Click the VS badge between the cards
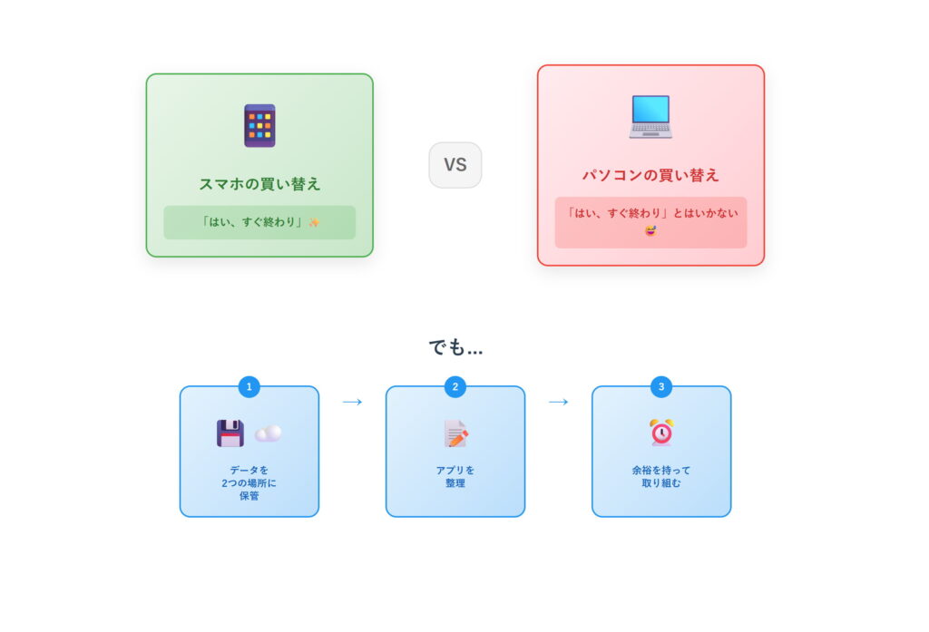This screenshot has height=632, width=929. tap(455, 165)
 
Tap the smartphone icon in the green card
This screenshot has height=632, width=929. tap(259, 125)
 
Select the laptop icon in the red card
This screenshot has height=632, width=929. tap(650, 117)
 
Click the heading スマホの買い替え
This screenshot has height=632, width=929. tap(259, 184)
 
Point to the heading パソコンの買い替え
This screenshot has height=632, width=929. tap(650, 175)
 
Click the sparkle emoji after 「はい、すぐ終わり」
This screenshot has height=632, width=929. tap(314, 222)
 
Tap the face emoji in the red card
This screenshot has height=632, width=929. tap(650, 229)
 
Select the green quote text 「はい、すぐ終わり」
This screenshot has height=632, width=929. tap(252, 222)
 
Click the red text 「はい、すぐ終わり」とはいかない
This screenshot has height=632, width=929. tap(650, 213)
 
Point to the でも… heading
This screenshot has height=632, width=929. tap(455, 347)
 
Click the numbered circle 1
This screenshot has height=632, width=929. tap(249, 387)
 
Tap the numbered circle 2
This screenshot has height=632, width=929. tap(455, 387)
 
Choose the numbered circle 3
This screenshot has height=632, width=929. tap(661, 387)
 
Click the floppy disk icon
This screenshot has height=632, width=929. tap(230, 433)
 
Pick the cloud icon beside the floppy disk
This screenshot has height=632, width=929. tap(268, 433)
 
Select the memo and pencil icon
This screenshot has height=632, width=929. tap(455, 433)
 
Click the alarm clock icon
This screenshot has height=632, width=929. tap(661, 433)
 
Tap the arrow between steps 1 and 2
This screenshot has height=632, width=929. tap(353, 402)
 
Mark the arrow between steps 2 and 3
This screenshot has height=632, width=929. tap(559, 402)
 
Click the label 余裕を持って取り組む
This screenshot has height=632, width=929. tap(661, 477)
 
